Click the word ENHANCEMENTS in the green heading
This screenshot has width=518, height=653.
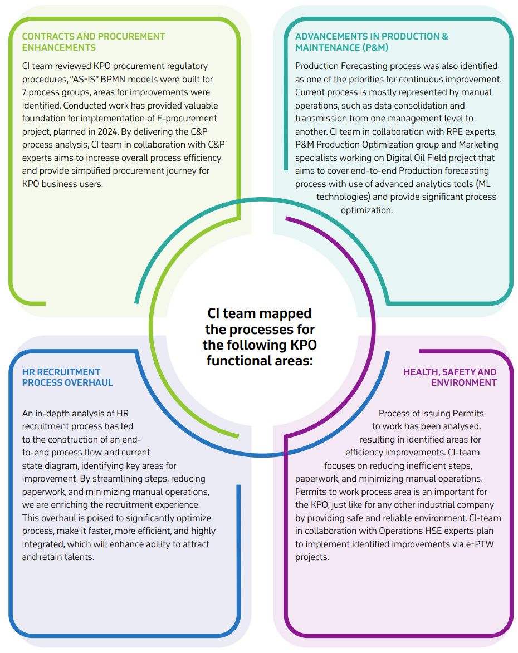point(58,47)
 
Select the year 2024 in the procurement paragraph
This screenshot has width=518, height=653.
point(108,131)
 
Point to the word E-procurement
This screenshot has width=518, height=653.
point(187,118)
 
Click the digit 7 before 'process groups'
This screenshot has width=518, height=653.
point(24,92)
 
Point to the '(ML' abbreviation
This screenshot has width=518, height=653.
point(483,184)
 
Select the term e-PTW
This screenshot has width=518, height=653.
point(481,544)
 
